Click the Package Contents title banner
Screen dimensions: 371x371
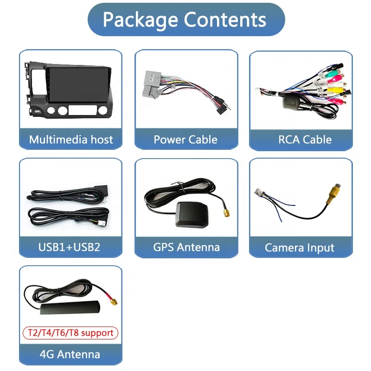[x=185, y=19]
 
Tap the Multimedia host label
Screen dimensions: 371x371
[x=70, y=140]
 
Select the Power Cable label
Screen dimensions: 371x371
[x=185, y=140]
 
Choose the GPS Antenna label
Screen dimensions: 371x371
[x=186, y=247]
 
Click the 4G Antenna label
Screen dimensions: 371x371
[x=70, y=355]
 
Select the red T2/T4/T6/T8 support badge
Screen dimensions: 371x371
[x=70, y=333]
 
